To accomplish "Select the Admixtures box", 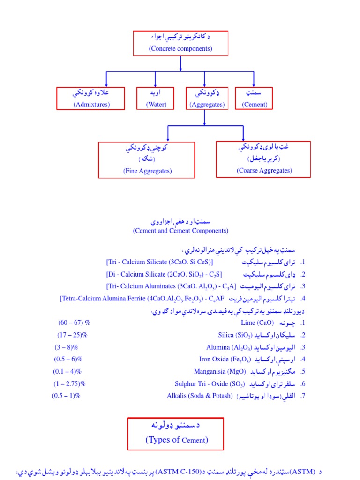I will tap(91, 98).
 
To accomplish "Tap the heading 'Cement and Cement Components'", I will tap(180, 231).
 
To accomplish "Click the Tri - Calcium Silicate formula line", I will tap(159, 262).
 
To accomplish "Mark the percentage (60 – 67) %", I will tap(74, 323).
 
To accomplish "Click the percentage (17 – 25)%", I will tap(73, 335).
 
